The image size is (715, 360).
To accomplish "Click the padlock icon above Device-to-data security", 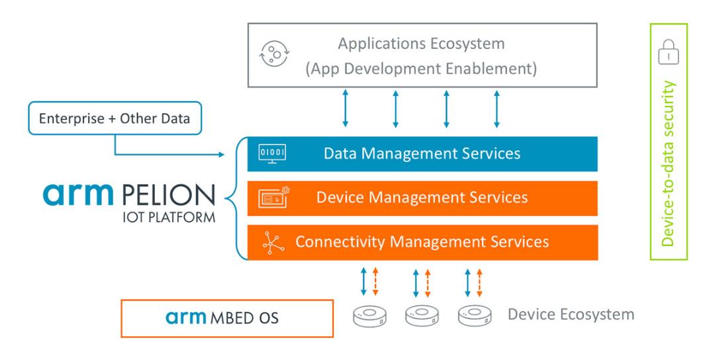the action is pos(669,52).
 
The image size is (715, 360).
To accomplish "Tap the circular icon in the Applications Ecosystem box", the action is pos(275,54).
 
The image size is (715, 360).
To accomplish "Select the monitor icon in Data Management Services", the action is pos(272,154).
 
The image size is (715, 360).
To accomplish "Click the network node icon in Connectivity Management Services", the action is pos(273,242).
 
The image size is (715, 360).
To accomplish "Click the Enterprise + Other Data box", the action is pos(115,118).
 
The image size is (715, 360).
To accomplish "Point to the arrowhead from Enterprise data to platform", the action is pos(221,154).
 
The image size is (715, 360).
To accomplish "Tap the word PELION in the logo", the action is pos(169,195).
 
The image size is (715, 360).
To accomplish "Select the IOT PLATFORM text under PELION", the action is pos(169,217).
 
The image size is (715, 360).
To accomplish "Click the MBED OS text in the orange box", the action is pos(244,318).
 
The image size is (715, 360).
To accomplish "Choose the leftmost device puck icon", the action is pos(370,316).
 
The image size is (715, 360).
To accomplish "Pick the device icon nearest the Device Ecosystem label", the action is pos(475,316).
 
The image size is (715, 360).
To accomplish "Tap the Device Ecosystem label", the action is pos(571,314).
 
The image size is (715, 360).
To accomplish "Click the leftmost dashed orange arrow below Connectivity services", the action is pos(375,282).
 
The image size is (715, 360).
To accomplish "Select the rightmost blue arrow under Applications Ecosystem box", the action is pos(497,109).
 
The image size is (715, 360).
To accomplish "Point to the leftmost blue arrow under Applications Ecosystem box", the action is pos(345,109).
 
